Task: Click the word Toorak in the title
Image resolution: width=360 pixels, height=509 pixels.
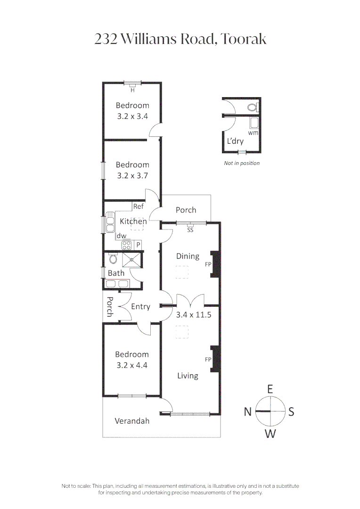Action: click(x=244, y=39)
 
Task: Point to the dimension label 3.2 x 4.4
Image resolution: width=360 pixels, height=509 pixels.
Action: click(x=132, y=365)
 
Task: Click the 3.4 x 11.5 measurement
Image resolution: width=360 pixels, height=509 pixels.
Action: click(x=192, y=315)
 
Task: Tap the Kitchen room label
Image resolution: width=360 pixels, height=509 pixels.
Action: click(x=133, y=221)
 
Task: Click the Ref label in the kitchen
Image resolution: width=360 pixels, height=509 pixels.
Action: click(x=138, y=206)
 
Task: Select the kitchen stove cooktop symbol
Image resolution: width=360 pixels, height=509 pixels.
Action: click(x=126, y=245)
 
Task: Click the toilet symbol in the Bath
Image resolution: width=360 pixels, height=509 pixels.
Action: click(x=113, y=259)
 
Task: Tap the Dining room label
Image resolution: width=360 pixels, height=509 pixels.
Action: click(x=188, y=256)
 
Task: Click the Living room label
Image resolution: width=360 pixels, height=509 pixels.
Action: click(x=188, y=376)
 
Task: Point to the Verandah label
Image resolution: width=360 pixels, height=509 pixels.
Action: click(x=132, y=421)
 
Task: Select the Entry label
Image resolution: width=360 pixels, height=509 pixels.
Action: click(x=140, y=307)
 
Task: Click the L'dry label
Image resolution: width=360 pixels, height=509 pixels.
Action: click(x=235, y=141)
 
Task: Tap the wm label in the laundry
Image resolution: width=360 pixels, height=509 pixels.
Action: click(x=253, y=133)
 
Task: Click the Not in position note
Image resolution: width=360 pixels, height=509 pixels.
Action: click(x=242, y=163)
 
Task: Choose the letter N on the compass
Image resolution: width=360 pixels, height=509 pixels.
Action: click(x=248, y=412)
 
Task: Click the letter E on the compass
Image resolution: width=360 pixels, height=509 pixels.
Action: click(x=270, y=389)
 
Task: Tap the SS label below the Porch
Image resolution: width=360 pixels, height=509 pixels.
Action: click(x=190, y=230)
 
